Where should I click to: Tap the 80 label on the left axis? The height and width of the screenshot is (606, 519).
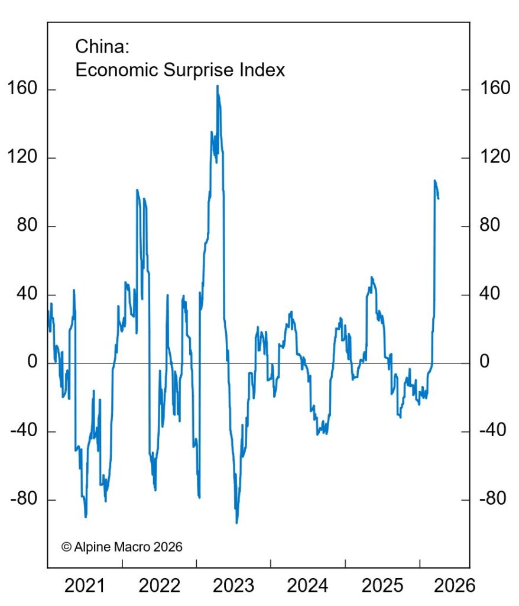26,226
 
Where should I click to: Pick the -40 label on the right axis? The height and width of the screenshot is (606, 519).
491,431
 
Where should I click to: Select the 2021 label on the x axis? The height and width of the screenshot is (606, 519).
84,585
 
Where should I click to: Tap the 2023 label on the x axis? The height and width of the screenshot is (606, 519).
232,585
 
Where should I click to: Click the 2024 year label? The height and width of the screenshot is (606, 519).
307,585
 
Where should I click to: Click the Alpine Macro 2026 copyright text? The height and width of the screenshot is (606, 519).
122,546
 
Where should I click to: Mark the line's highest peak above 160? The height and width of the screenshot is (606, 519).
217,86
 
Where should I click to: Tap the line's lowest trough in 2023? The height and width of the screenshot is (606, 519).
236,523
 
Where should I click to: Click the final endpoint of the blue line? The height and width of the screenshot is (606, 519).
438,198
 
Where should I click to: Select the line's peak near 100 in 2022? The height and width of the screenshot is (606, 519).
137,190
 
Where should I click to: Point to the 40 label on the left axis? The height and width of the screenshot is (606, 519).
26,294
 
